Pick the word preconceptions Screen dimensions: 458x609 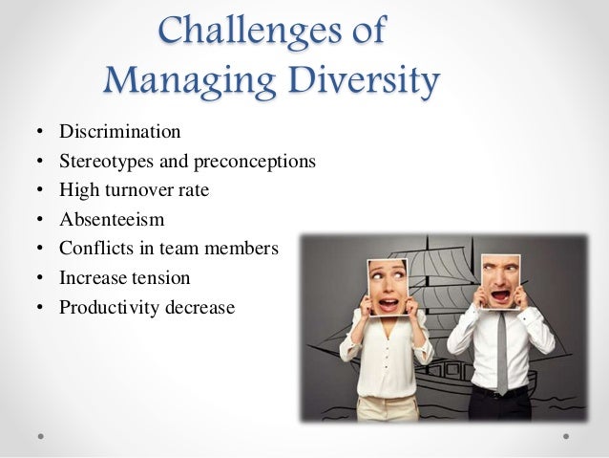coord(252,162)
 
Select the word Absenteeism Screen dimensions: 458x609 coord(112,220)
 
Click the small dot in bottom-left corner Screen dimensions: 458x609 coord(41,435)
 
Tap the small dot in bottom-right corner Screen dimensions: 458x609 coord(566,435)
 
